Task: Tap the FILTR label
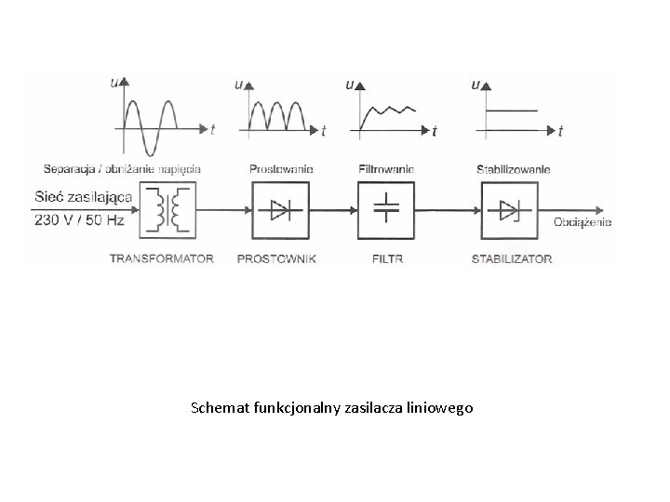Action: point(385,258)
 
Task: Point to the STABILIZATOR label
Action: point(511,258)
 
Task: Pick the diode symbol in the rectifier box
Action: point(280,211)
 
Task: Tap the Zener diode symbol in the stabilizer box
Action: point(510,211)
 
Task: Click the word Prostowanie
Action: point(281,169)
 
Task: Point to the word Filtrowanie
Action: point(385,169)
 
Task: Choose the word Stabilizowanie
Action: point(513,169)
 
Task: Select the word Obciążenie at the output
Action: point(583,222)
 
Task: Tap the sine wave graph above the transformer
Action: point(154,118)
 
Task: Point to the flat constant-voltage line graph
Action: point(513,111)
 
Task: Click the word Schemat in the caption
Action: point(215,407)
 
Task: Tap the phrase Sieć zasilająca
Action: point(84,196)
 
